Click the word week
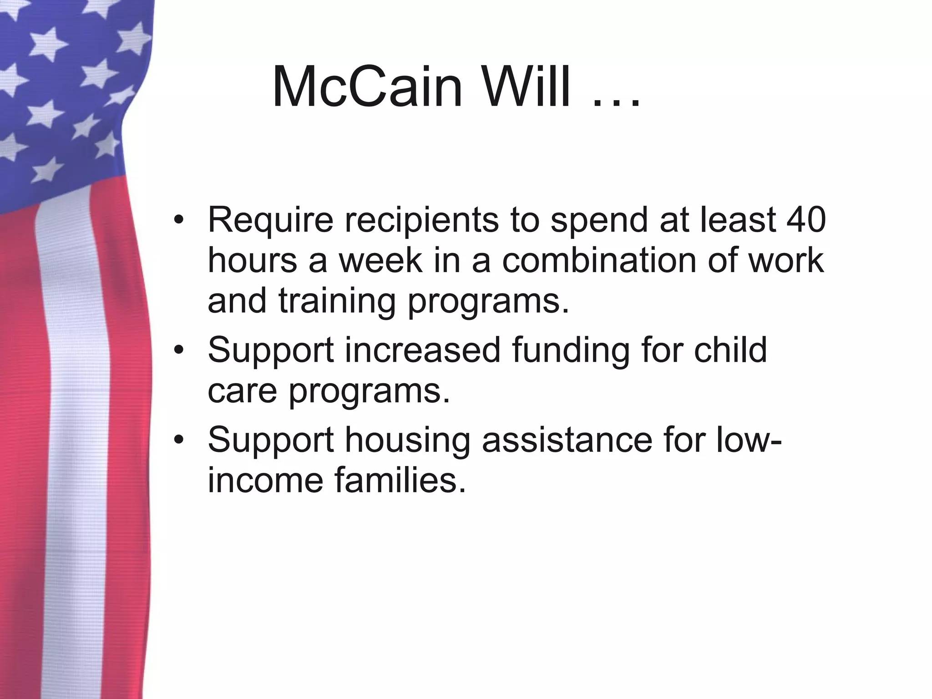pyautogui.click(x=380, y=260)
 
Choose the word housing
pyautogui.click(x=407, y=441)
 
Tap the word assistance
pyautogui.click(x=567, y=440)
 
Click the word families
pyautogui.click(x=400, y=481)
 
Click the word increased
pyautogui.click(x=423, y=350)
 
